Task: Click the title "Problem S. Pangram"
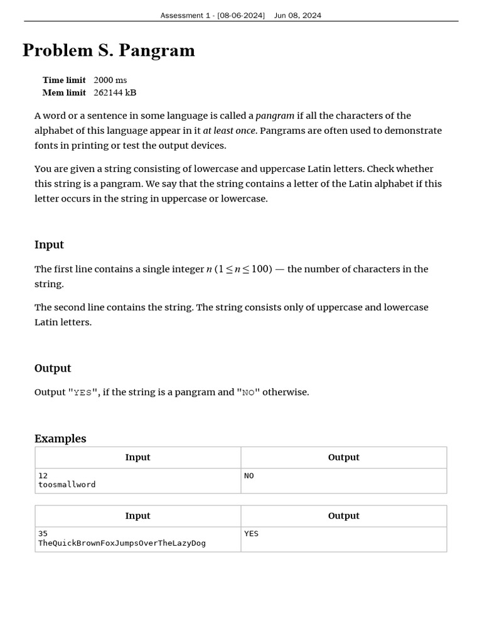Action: point(109,51)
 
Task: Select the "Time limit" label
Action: point(64,80)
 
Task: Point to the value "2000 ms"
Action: point(110,80)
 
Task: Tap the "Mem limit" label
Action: point(64,93)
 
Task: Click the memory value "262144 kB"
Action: point(115,93)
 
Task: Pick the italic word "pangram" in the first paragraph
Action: point(275,116)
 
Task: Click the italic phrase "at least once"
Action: point(230,131)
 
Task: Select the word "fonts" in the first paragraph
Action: point(47,146)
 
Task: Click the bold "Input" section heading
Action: point(49,245)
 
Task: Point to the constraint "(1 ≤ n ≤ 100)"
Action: point(244,269)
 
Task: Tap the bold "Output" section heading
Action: point(53,369)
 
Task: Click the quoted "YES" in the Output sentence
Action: point(83,392)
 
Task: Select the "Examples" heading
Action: point(60,439)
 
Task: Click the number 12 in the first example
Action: point(43,476)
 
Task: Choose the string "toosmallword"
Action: point(67,485)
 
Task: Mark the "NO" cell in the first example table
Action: point(249,476)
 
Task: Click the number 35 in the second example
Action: point(43,534)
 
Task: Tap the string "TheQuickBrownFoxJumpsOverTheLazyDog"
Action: point(122,543)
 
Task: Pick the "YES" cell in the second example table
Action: point(251,534)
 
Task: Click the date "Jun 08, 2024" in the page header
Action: point(297,15)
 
